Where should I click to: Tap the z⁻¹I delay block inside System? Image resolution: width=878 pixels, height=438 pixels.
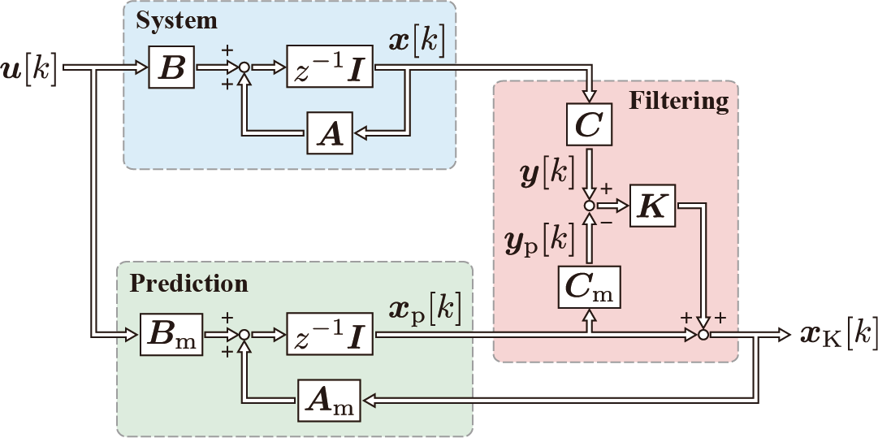[330, 67]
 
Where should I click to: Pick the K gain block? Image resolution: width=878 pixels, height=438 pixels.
[653, 206]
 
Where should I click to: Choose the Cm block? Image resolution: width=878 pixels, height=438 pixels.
[589, 287]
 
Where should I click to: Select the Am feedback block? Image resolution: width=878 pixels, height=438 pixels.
[330, 398]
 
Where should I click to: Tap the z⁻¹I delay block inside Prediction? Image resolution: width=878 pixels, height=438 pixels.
[330, 332]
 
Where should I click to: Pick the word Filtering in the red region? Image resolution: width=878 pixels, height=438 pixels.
[678, 101]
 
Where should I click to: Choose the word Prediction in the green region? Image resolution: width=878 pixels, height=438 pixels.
[188, 284]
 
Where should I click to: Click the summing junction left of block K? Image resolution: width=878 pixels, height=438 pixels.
[590, 206]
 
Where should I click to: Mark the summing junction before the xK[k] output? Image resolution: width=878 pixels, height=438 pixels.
[703, 332]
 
